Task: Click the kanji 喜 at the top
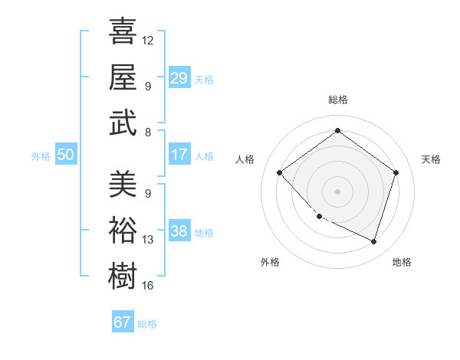click(123, 32)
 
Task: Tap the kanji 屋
click(123, 77)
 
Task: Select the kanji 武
click(123, 123)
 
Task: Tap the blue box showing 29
click(179, 78)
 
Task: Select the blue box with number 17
click(179, 155)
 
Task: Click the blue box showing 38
click(179, 231)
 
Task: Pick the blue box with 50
click(65, 155)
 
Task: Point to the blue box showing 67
click(122, 322)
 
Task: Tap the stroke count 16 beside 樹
click(148, 286)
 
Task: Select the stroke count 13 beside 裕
click(148, 240)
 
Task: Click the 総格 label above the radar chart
click(337, 100)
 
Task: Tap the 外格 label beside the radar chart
click(270, 262)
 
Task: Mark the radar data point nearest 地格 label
click(373, 241)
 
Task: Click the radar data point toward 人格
click(280, 172)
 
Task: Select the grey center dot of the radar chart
click(337, 191)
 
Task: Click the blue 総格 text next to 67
click(147, 324)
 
